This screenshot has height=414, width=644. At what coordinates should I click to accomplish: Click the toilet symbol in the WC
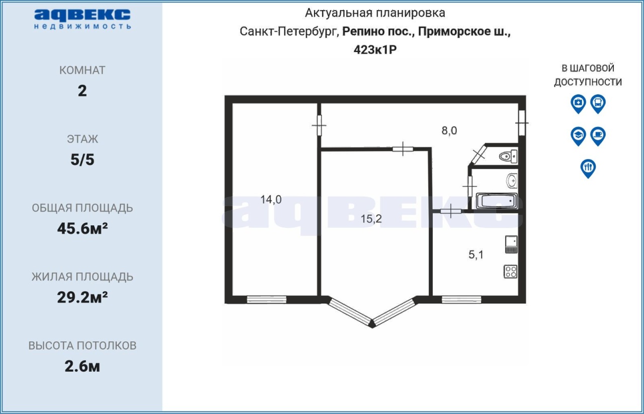[x=508, y=157]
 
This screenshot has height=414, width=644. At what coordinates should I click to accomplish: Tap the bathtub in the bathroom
[x=497, y=200]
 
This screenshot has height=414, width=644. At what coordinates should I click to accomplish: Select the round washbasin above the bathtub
[x=512, y=181]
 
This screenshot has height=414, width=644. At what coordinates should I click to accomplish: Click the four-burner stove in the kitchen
[x=510, y=271]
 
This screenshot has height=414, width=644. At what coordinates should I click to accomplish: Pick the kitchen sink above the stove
[x=511, y=244]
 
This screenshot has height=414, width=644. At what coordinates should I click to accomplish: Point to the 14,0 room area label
[x=271, y=199]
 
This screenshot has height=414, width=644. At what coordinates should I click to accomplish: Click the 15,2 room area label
[x=371, y=219]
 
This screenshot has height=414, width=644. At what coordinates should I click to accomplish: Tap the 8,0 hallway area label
[x=449, y=131]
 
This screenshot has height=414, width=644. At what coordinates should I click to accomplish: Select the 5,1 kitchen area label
[x=476, y=255]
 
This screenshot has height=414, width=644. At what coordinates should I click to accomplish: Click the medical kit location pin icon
[x=578, y=104]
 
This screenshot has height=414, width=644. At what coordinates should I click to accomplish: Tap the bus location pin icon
[x=598, y=104]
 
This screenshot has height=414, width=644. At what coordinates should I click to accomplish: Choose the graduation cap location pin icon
[x=578, y=136]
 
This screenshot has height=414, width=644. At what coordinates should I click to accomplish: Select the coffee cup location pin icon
[x=598, y=136]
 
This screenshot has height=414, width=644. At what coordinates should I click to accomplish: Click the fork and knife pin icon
[x=588, y=168]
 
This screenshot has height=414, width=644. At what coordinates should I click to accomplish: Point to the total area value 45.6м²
[x=82, y=229]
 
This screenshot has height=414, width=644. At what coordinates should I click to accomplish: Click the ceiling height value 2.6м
[x=82, y=367]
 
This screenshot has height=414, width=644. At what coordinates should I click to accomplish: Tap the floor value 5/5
[x=82, y=160]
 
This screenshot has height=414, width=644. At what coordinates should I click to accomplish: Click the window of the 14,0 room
[x=267, y=299]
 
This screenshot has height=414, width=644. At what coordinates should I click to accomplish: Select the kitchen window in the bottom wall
[x=461, y=299]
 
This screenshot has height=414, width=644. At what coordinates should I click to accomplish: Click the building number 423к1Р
[x=375, y=50]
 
